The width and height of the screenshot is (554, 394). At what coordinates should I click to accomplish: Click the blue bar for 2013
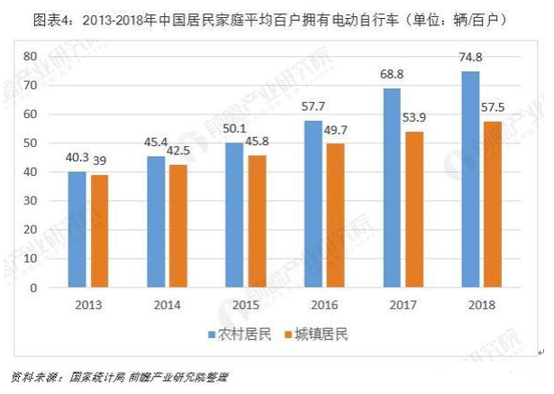coord(77,230)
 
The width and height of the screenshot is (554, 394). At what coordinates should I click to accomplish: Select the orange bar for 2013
coord(98,232)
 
